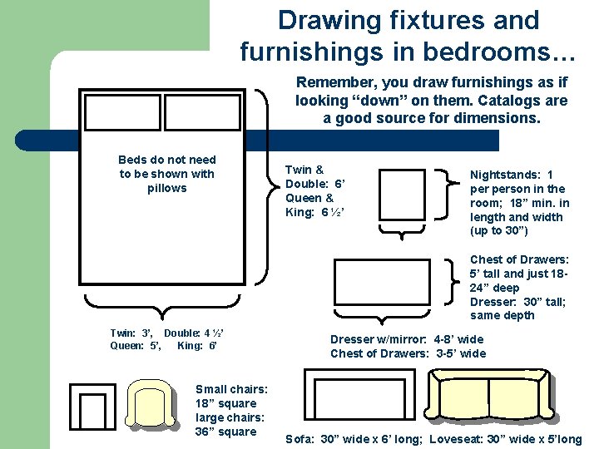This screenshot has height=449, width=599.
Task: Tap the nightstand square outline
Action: click(379, 195)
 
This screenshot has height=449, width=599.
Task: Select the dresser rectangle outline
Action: click(334, 282)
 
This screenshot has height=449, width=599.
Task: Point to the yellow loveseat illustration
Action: click(489, 394)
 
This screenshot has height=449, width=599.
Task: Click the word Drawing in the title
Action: click(329, 20)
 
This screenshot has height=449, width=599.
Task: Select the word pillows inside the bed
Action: click(167, 188)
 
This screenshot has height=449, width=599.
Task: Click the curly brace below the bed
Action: click(162, 307)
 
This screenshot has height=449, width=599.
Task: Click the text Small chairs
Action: click(231, 389)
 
